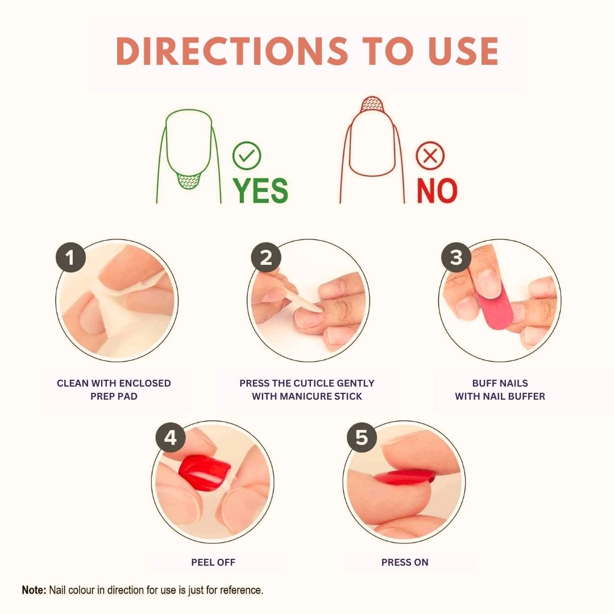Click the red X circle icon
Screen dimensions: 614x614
coord(430,156)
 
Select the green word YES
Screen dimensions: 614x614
coord(261,190)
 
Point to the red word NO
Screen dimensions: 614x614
coord(437,190)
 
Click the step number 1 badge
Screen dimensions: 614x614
coord(70,258)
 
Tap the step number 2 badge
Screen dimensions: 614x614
coord(265,258)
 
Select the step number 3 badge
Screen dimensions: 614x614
coord(456,258)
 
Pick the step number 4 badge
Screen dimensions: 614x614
coord(170,438)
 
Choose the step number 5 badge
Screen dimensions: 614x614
coord(362,438)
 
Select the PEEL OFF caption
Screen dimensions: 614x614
coord(213,562)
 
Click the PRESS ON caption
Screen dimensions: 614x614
coord(405,562)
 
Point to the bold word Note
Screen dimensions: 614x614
coord(34,590)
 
